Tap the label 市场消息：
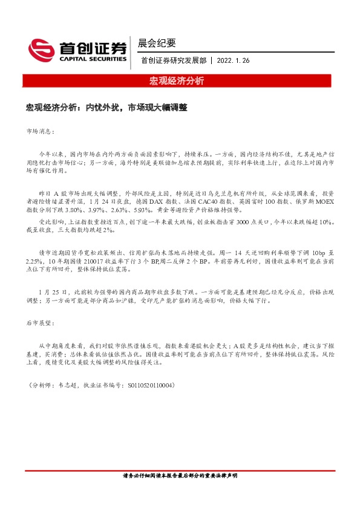(x=41, y=131)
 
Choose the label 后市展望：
(x=41, y=324)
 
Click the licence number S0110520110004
(x=148, y=385)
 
